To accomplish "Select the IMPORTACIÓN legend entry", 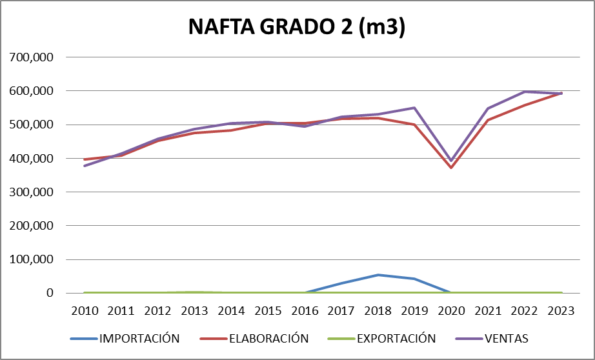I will [138, 338].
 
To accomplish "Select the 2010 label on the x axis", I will [85, 310].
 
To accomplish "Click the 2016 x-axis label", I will [305, 310].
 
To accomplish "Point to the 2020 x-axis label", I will [451, 310].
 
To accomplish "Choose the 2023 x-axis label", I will [561, 310].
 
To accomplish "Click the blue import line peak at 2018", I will [378, 275].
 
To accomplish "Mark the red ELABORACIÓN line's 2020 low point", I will [451, 168].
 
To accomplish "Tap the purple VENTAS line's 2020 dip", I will [451, 160].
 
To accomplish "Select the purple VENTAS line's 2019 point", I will [414, 108].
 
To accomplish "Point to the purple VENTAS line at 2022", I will [525, 92].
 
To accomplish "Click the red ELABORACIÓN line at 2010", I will [85, 159].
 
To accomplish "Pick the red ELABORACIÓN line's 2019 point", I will [414, 125].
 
